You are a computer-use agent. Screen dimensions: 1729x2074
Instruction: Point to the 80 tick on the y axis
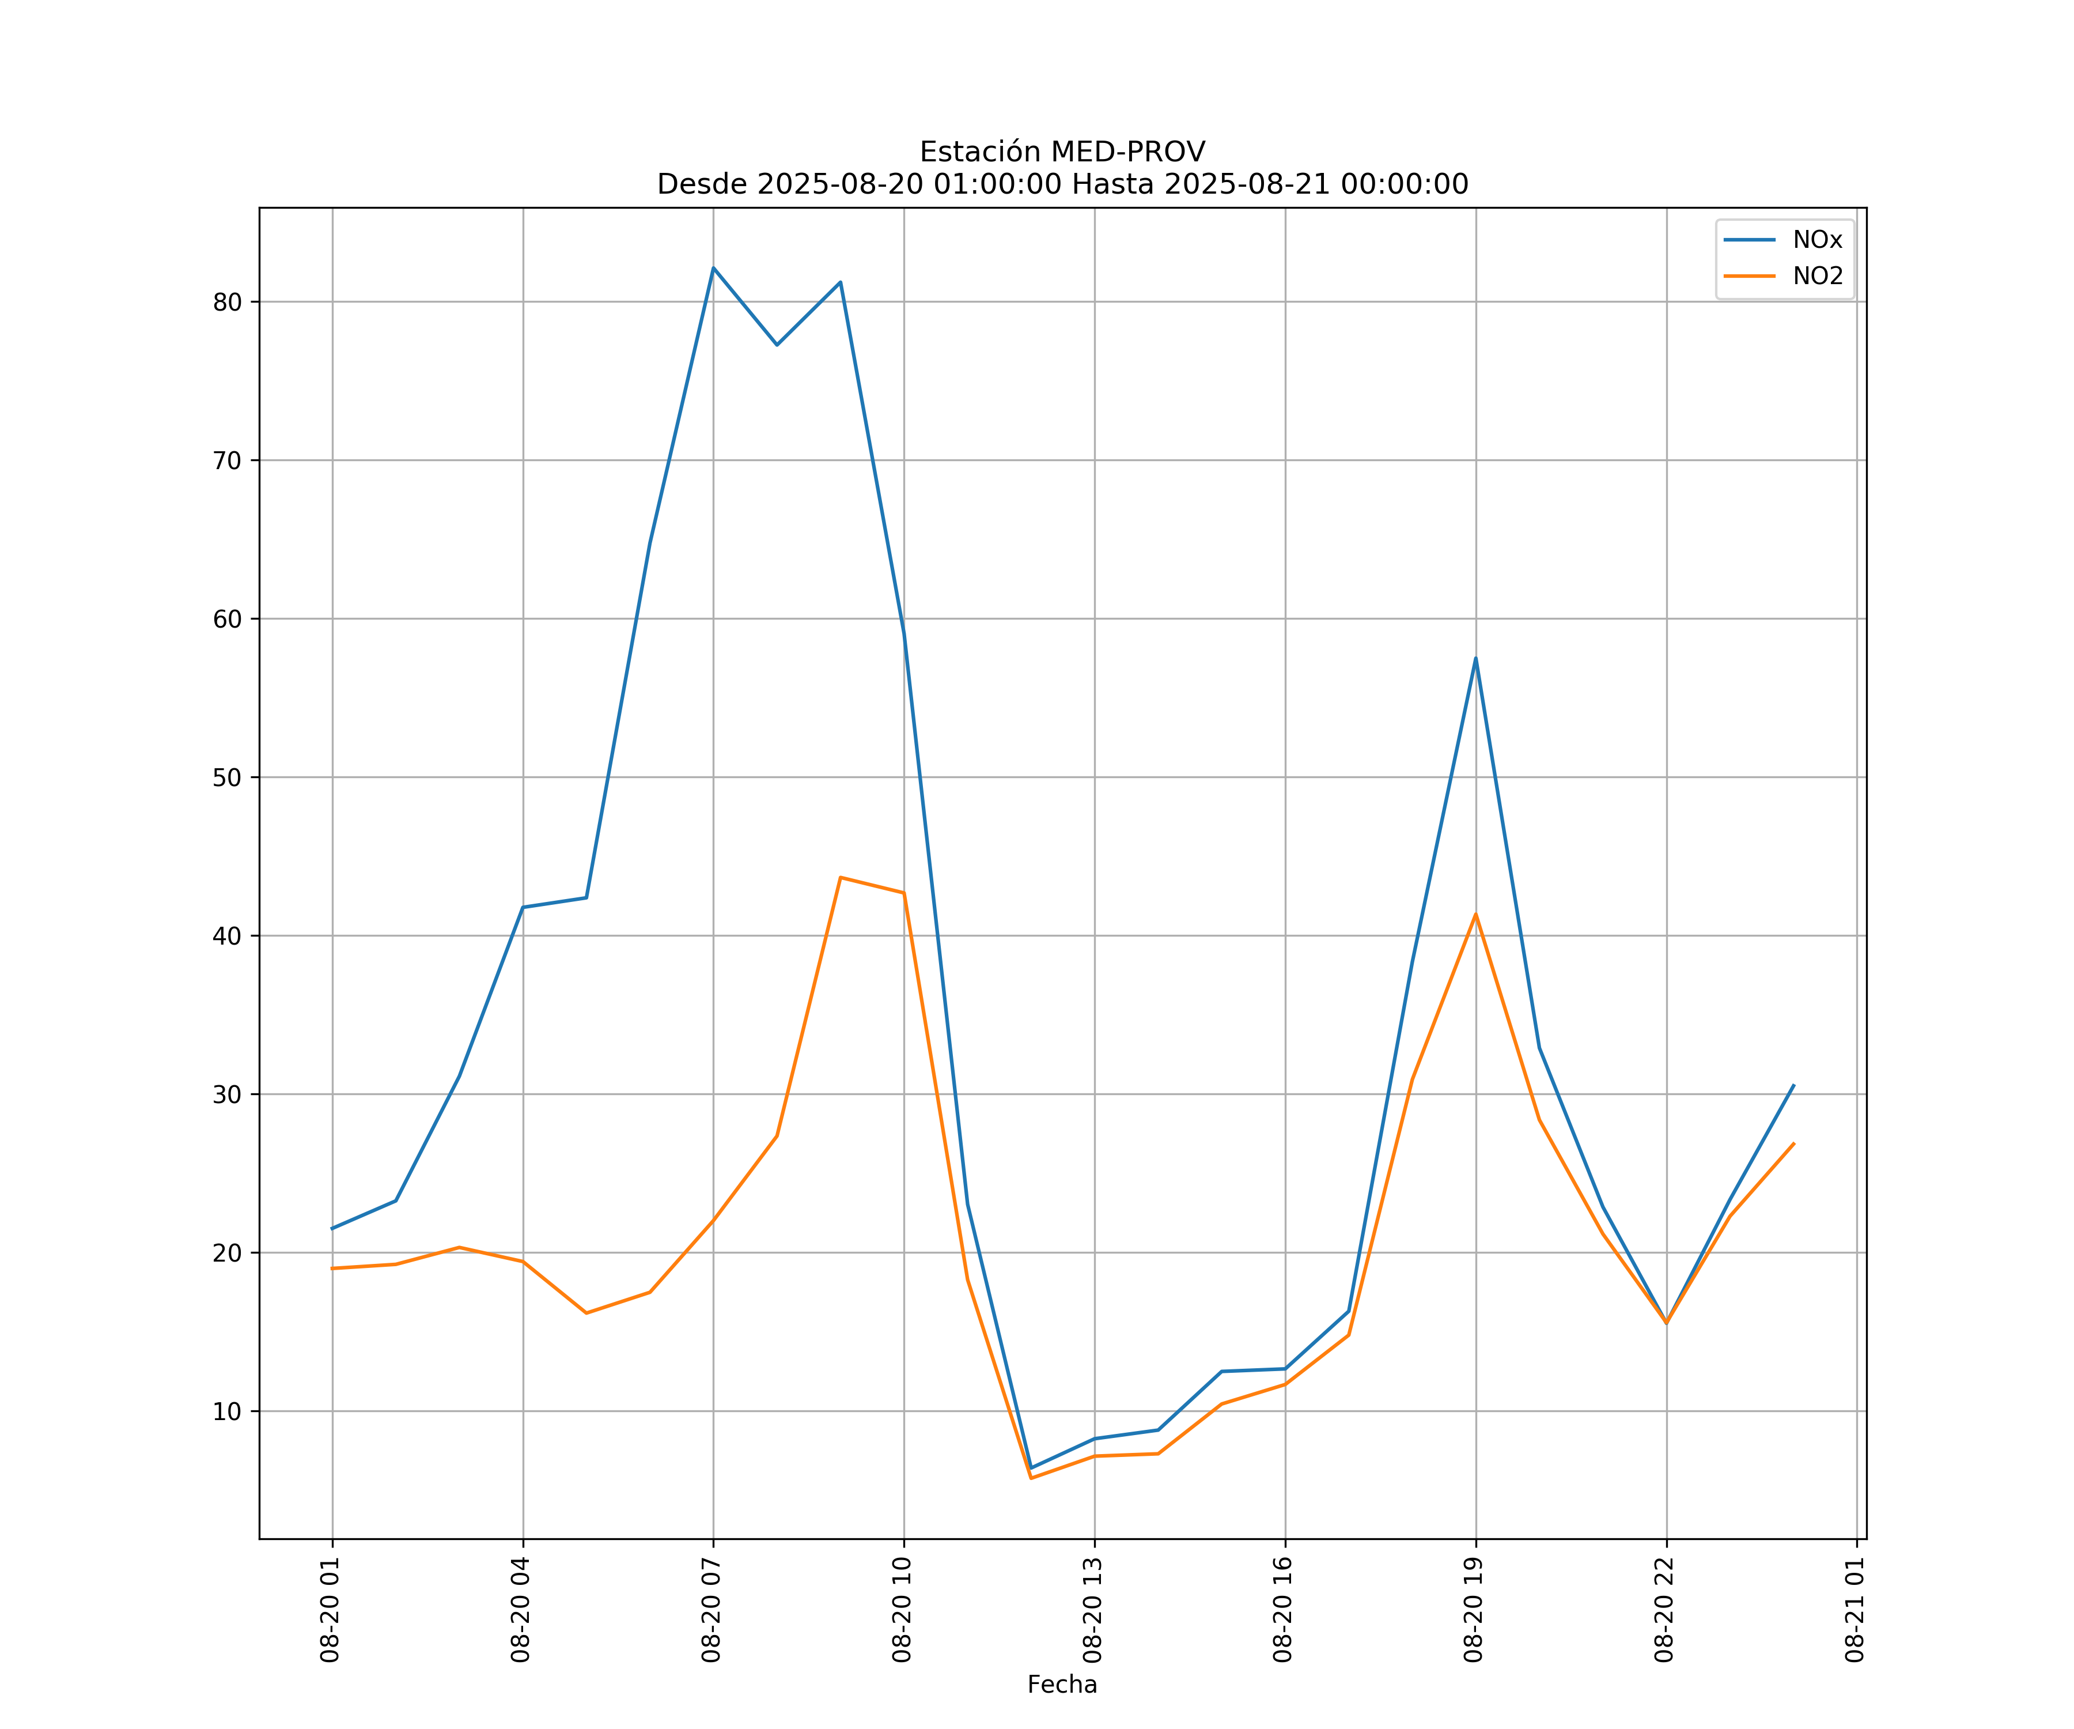tap(227, 303)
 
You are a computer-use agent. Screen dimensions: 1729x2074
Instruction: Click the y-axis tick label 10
tap(227, 1412)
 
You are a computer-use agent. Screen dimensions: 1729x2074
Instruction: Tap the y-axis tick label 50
tap(227, 777)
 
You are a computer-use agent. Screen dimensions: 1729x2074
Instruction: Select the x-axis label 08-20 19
tap(1474, 1610)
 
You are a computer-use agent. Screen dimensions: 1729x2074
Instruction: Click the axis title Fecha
tap(1062, 1685)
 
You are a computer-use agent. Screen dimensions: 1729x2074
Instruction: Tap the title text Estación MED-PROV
tap(1062, 152)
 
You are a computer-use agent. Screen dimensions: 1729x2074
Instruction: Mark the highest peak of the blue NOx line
tap(713, 268)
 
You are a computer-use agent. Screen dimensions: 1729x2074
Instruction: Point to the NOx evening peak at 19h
tap(1475, 658)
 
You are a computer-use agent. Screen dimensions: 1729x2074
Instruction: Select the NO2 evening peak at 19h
tap(1475, 914)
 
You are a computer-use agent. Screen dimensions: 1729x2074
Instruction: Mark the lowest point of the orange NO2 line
tap(1031, 1478)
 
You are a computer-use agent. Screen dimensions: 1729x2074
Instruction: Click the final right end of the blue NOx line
tap(1793, 1085)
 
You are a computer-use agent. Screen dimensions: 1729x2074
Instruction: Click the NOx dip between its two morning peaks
tap(777, 345)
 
